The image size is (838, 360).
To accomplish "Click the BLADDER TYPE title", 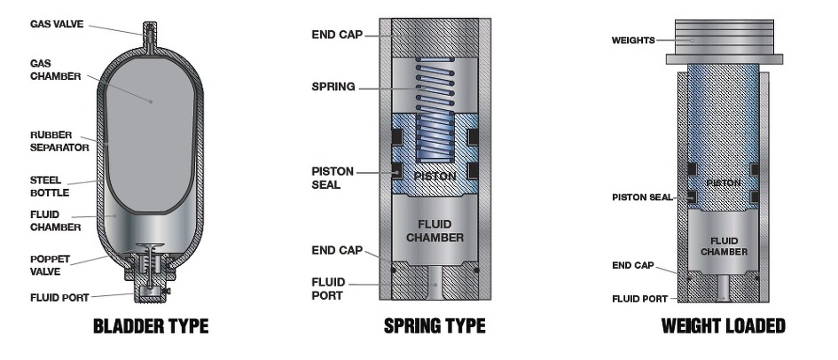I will [x=151, y=326].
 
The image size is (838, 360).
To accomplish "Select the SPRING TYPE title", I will [x=435, y=326].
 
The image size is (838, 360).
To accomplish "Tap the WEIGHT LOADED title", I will [x=723, y=326].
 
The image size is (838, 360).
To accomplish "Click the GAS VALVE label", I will [x=58, y=24].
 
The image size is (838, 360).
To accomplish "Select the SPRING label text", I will [x=333, y=87].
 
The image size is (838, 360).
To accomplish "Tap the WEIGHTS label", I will [x=634, y=40].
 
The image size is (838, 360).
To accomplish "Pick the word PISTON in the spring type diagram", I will [x=435, y=176].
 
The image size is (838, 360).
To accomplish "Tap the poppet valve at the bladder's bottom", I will [x=151, y=262].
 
